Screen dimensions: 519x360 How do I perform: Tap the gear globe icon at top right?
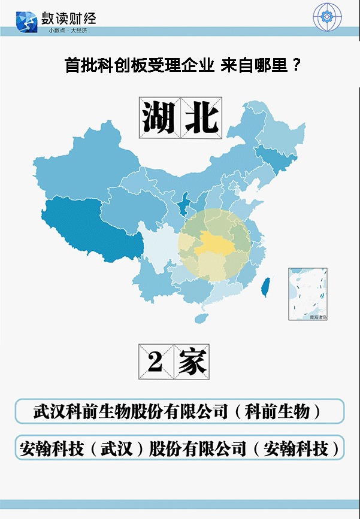pyautogui.click(x=327, y=17)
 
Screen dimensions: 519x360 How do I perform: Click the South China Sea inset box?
pyautogui.click(x=308, y=293)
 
